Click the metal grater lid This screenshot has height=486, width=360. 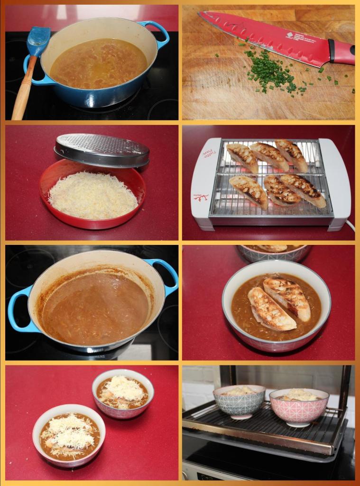point(102,150)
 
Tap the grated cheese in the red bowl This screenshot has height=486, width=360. point(92,195)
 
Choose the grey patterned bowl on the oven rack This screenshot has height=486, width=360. point(239,402)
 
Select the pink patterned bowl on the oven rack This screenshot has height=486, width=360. point(299,406)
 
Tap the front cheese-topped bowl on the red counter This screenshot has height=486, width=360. point(69,434)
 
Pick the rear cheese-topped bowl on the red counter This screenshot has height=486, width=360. point(123,393)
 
